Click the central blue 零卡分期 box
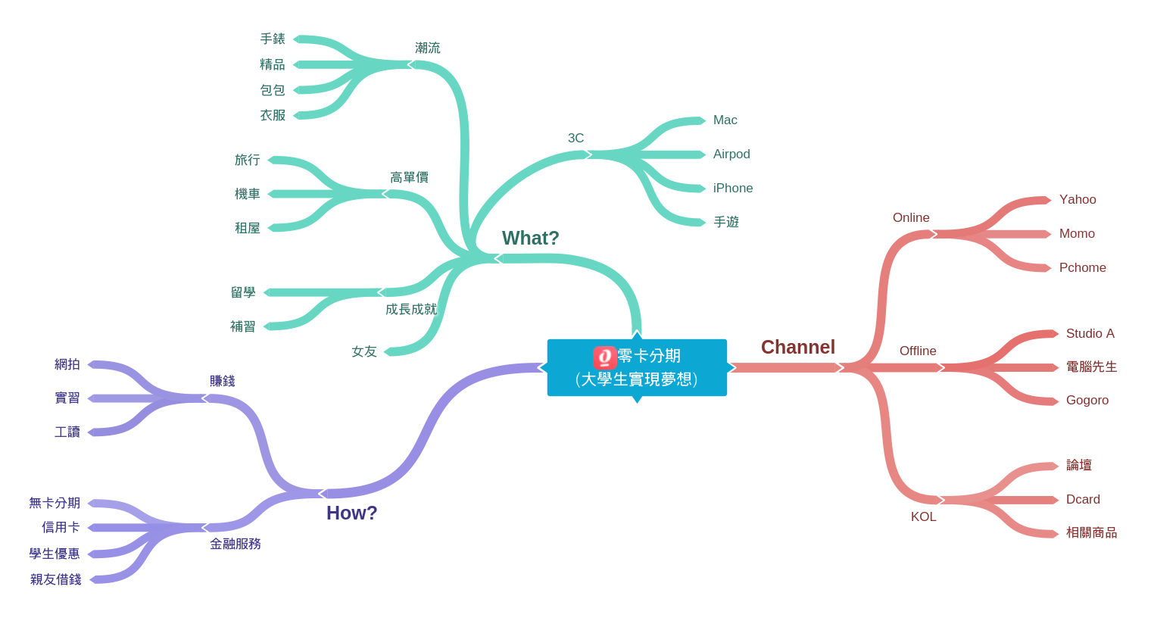pyautogui.click(x=637, y=368)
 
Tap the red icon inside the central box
pyautogui.click(x=604, y=357)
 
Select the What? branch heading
pyautogui.click(x=530, y=239)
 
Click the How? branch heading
pyautogui.click(x=351, y=513)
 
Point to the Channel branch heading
pyautogui.click(x=797, y=348)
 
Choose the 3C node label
pyautogui.click(x=575, y=139)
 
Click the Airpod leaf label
pyautogui.click(x=731, y=154)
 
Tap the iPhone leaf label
pyautogui.click(x=732, y=189)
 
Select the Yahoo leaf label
pyautogui.click(x=1077, y=200)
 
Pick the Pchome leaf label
pyautogui.click(x=1082, y=268)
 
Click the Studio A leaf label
pyautogui.click(x=1090, y=334)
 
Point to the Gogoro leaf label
pyautogui.click(x=1087, y=401)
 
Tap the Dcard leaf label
pyautogui.click(x=1083, y=500)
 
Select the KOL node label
pyautogui.click(x=923, y=517)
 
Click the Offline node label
pyautogui.click(x=918, y=351)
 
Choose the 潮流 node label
pyautogui.click(x=427, y=48)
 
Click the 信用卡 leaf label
pyautogui.click(x=61, y=528)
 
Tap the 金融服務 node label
pyautogui.click(x=235, y=544)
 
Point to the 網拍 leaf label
pyautogui.click(x=67, y=365)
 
